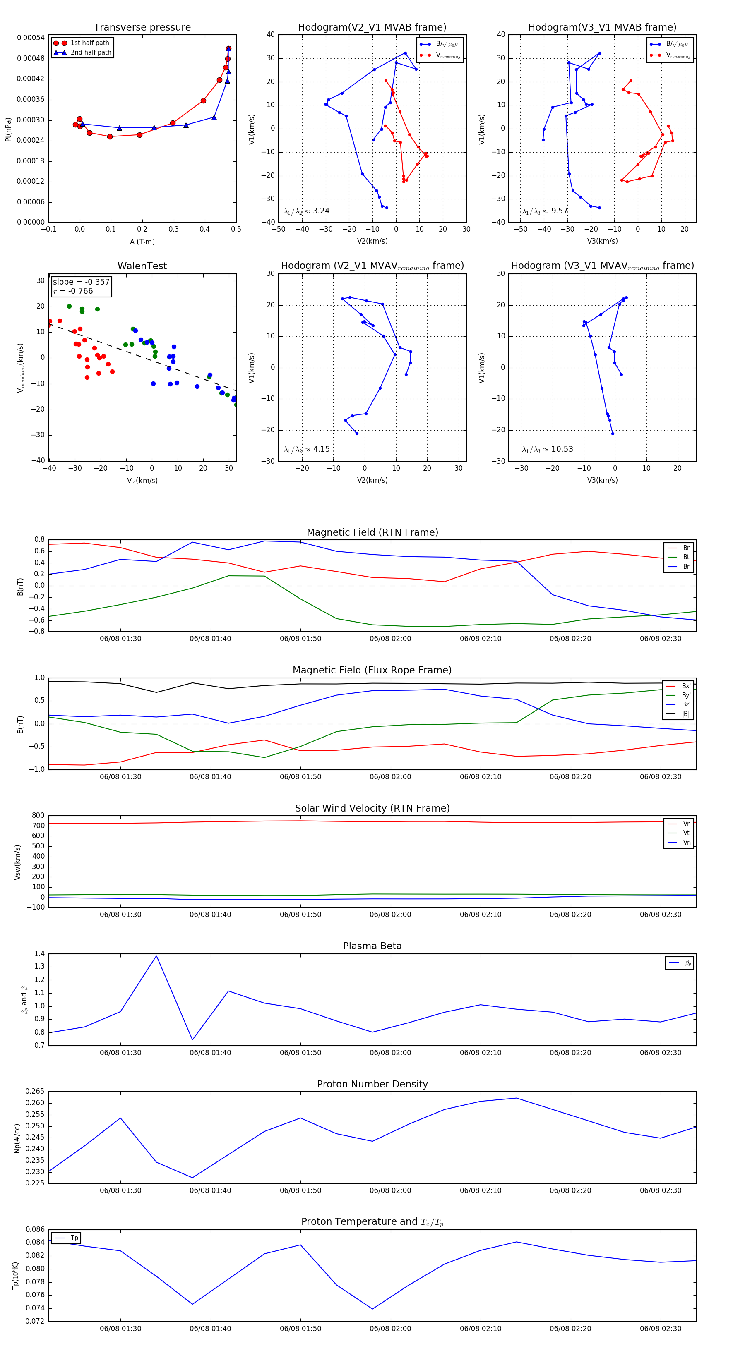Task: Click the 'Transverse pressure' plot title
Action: coord(142,28)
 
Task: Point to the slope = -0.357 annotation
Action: coord(81,282)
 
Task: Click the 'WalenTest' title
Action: coord(142,266)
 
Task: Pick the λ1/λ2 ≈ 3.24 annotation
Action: coord(306,211)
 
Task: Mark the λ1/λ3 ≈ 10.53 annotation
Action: coord(547,449)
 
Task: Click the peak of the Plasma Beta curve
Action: coord(156,956)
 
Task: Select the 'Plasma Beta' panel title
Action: coord(372,946)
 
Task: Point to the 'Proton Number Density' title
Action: coord(372,1084)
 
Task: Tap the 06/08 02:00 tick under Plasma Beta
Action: coord(390,1053)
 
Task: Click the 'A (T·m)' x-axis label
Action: coord(142,242)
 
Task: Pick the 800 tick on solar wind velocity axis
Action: coord(38,816)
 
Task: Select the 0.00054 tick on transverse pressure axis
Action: coord(30,38)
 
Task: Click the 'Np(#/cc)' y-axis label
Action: coord(17,1138)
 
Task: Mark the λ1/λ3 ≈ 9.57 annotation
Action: coord(545,211)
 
